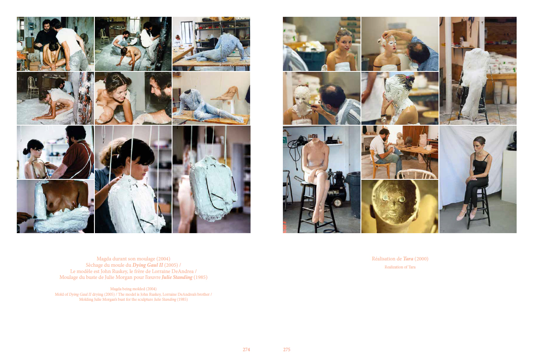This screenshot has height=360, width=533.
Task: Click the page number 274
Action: (246, 349)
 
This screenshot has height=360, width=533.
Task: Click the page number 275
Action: (287, 349)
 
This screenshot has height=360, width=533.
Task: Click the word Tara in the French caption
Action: (408, 259)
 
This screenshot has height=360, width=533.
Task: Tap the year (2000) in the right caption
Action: (421, 259)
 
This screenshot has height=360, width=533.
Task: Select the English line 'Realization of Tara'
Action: (400, 267)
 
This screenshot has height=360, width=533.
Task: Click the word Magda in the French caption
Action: (104, 259)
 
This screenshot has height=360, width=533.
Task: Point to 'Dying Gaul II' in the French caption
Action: (148, 265)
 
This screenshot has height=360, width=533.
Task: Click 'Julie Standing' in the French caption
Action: (177, 277)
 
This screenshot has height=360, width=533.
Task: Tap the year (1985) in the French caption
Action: (201, 277)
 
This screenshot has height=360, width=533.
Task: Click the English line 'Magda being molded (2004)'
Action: (133, 289)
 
